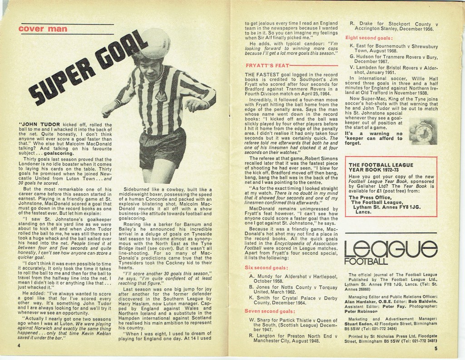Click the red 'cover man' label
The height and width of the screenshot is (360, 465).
[43, 29]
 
